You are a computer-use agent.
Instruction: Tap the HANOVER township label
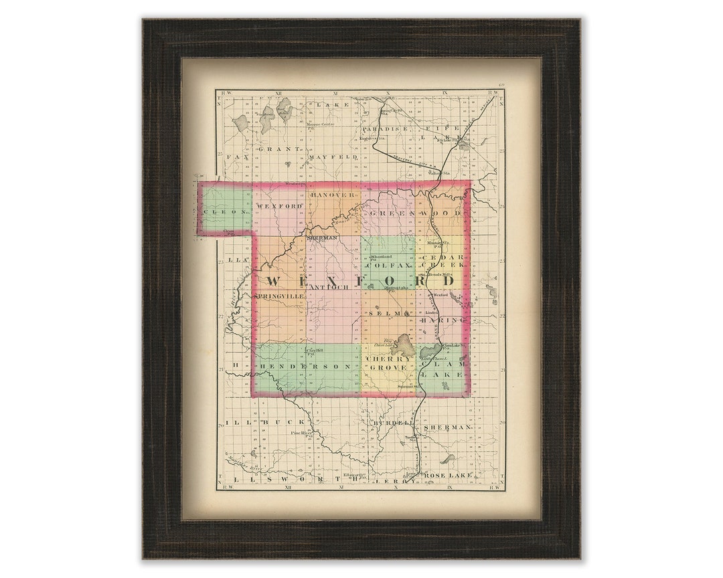(332, 194)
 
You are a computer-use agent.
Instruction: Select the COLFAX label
(386, 265)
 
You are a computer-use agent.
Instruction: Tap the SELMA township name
(388, 312)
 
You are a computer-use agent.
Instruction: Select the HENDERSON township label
(306, 367)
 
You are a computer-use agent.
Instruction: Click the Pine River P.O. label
(302, 433)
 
